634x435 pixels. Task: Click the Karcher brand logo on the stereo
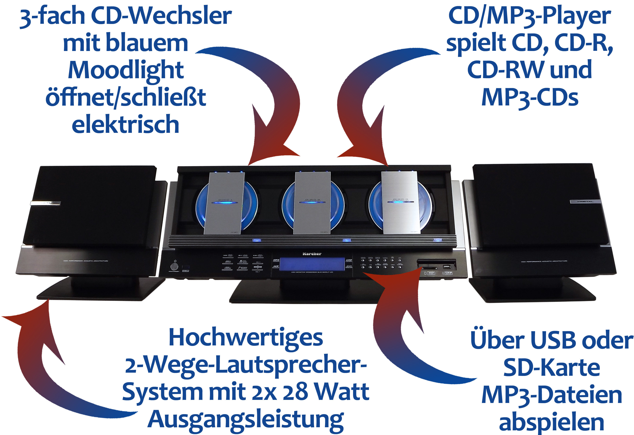312,254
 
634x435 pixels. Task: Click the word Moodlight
126,70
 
